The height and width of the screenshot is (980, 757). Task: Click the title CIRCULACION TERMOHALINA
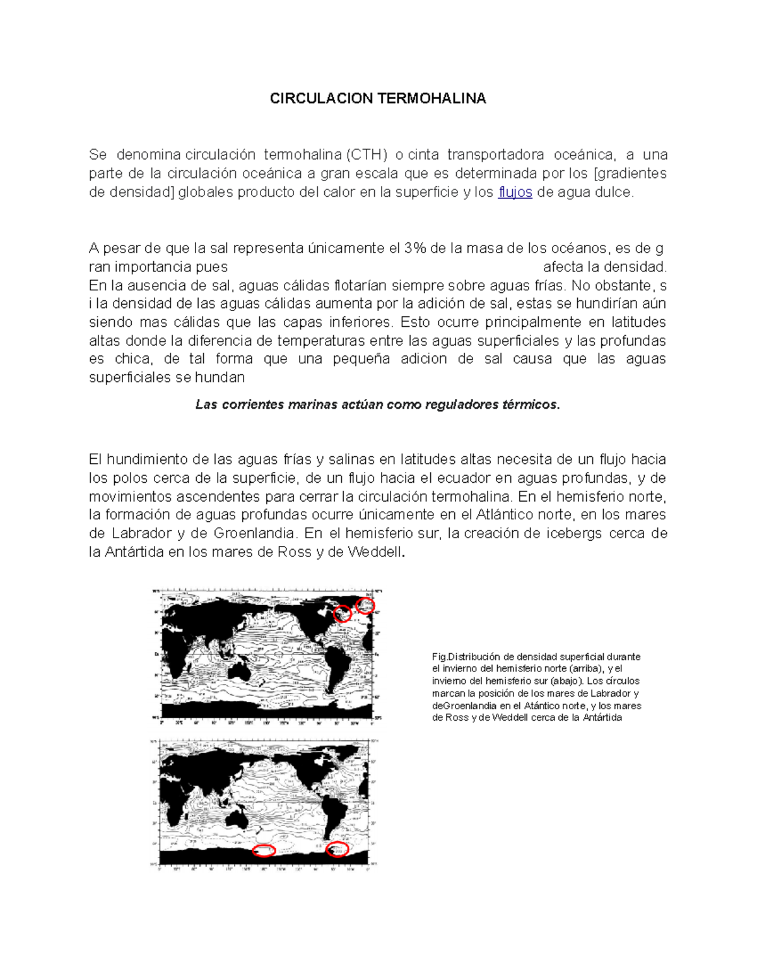378,98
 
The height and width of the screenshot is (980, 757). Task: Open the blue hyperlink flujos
515,192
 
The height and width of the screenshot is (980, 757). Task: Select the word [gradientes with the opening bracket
630,174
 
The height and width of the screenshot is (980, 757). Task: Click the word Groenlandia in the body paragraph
254,534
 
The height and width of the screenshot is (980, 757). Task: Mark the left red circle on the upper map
342,613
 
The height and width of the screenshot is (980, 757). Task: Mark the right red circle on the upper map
365,605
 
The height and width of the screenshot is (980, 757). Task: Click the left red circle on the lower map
264,850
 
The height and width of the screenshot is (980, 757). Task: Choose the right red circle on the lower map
338,849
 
